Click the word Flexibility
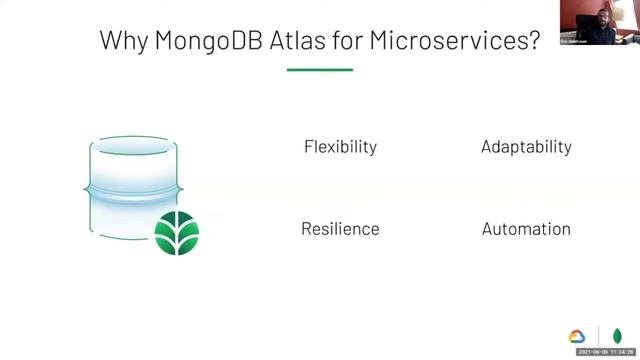(x=340, y=147)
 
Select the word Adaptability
(x=526, y=147)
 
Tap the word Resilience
(x=340, y=229)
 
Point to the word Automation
(x=526, y=229)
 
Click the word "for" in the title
(x=351, y=42)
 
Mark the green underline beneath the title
(x=320, y=69)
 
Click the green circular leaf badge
(x=177, y=233)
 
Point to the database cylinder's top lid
(x=134, y=146)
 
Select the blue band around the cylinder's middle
(x=134, y=189)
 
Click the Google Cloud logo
(x=577, y=337)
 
